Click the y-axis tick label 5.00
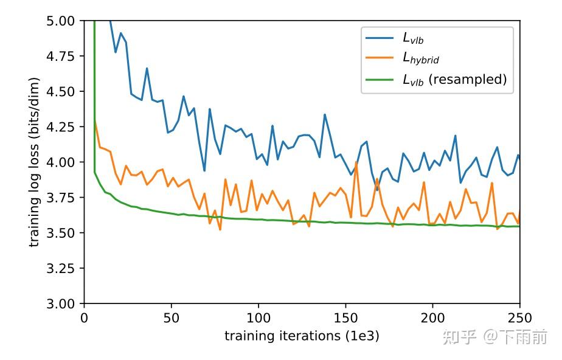click(60, 21)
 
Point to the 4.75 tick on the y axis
click(60, 56)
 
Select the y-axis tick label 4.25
click(60, 126)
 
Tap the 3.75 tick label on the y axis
click(60, 197)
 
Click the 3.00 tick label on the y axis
click(60, 303)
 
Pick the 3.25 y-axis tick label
click(60, 268)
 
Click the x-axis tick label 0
click(85, 317)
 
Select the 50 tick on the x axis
click(172, 317)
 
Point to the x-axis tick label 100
click(258, 317)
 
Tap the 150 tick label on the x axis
click(345, 317)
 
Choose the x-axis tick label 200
click(432, 317)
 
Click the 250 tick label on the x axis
click(519, 317)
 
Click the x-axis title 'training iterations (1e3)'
click(302, 336)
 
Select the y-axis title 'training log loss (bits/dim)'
click(35, 162)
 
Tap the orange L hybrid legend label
click(420, 59)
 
